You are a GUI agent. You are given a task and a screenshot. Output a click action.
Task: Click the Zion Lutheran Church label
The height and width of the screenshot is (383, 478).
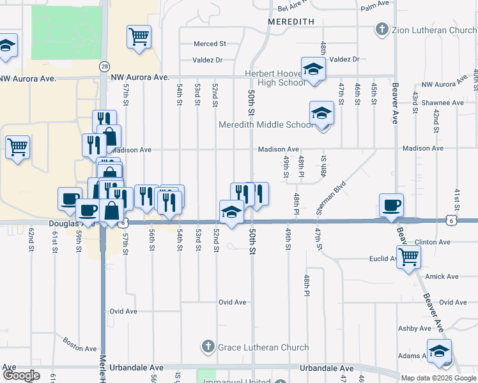pos(434,30)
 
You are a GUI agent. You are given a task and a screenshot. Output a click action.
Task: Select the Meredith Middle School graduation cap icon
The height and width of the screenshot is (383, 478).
pos(321,113)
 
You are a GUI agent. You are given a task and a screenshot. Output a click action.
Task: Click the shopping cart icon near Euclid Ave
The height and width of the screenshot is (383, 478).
pos(408,257)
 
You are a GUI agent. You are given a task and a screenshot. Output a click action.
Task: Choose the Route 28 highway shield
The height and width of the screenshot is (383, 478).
pos(104,66)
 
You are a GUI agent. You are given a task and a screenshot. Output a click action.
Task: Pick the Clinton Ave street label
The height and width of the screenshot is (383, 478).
pos(433,243)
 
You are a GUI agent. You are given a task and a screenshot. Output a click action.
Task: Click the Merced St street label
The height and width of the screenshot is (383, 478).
pos(210,44)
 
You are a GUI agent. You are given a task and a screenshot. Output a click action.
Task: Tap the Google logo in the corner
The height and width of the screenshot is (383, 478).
pos(20,376)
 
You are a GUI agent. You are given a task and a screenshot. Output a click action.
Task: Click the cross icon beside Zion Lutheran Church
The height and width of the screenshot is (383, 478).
pos(382,30)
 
